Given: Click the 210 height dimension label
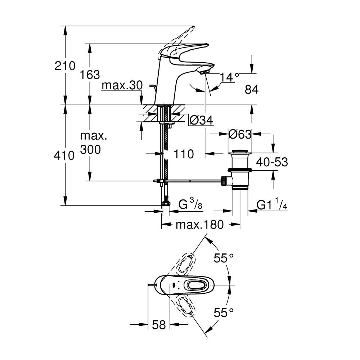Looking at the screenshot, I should coord(65,66).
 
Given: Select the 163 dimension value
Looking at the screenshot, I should coord(90,75).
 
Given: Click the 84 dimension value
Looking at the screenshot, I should coord(252,90).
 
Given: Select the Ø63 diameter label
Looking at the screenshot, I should coord(240,134).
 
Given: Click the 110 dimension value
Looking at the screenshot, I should coord(183,154).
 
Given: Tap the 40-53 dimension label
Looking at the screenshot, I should coord(272,162).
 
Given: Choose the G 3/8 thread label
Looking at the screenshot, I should coord(191,205).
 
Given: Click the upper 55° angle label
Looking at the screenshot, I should coord(224,258).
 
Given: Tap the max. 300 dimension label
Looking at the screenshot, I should coord(93,143).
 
